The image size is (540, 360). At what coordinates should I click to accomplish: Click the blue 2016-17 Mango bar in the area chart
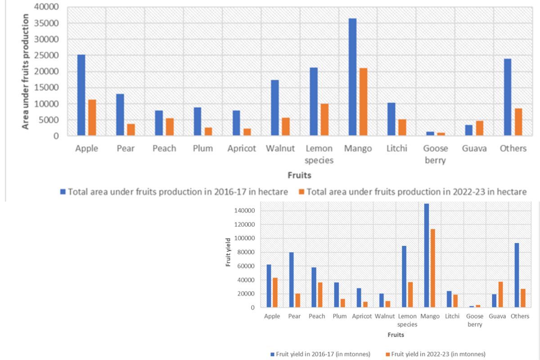[353, 77]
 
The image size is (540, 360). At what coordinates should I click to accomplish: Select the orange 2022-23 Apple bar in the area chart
[92, 117]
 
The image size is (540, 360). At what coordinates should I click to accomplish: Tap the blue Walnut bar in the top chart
[275, 108]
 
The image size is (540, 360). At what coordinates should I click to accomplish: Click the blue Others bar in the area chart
[508, 97]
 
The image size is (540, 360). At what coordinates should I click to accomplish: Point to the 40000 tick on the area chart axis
[48, 7]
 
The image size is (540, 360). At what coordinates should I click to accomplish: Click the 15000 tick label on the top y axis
[48, 88]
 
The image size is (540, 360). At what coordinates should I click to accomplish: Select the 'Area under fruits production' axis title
[26, 71]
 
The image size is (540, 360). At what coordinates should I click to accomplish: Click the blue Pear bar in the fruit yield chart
[291, 280]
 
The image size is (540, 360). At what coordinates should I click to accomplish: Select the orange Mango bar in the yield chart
[432, 268]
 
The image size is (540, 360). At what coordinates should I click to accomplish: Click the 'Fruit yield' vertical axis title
[229, 258]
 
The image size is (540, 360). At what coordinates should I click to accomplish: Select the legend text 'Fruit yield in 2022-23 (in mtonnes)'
[438, 354]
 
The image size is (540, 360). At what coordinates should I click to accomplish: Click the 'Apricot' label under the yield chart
[362, 316]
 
